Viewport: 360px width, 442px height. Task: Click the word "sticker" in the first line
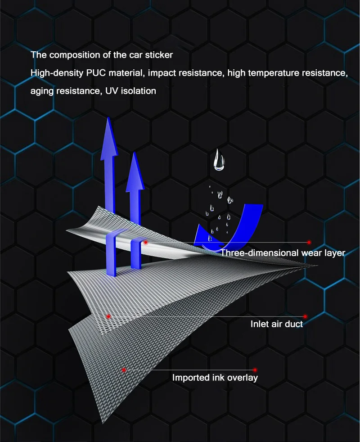pyautogui.click(x=158, y=55)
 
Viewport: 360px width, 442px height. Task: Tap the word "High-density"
pyautogui.click(x=54, y=73)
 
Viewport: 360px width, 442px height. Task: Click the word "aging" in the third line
pyautogui.click(x=41, y=91)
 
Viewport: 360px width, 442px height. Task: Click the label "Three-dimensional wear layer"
pyautogui.click(x=283, y=253)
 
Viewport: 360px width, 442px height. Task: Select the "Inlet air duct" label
pyautogui.click(x=276, y=324)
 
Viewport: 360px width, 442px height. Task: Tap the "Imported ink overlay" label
pyautogui.click(x=215, y=378)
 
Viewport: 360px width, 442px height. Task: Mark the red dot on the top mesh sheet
pyautogui.click(x=146, y=242)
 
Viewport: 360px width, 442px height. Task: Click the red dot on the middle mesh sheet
pyautogui.click(x=108, y=316)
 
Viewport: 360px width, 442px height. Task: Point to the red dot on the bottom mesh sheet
pyautogui.click(x=124, y=370)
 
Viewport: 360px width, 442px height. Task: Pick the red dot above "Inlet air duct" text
pyautogui.click(x=305, y=316)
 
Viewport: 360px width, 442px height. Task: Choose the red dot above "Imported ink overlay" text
pyautogui.click(x=255, y=370)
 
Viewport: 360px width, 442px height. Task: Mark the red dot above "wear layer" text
pyautogui.click(x=309, y=242)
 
